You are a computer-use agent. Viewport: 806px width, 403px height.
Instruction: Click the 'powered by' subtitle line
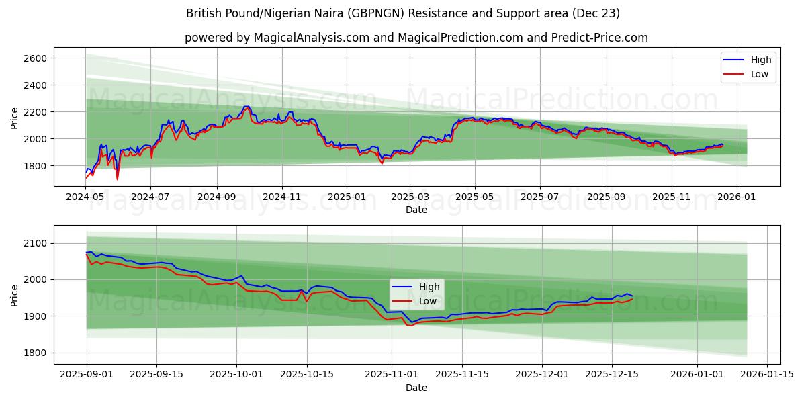point(416,38)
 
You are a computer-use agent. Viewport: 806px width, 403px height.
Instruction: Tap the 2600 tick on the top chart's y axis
point(36,58)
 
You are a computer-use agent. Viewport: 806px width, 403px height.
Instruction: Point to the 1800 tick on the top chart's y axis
point(36,166)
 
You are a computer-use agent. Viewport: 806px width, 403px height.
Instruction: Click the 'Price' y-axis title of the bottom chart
point(15,294)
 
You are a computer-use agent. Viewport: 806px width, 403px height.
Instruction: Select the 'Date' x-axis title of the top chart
point(416,210)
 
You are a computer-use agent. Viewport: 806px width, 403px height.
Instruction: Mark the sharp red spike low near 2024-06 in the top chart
point(118,179)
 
